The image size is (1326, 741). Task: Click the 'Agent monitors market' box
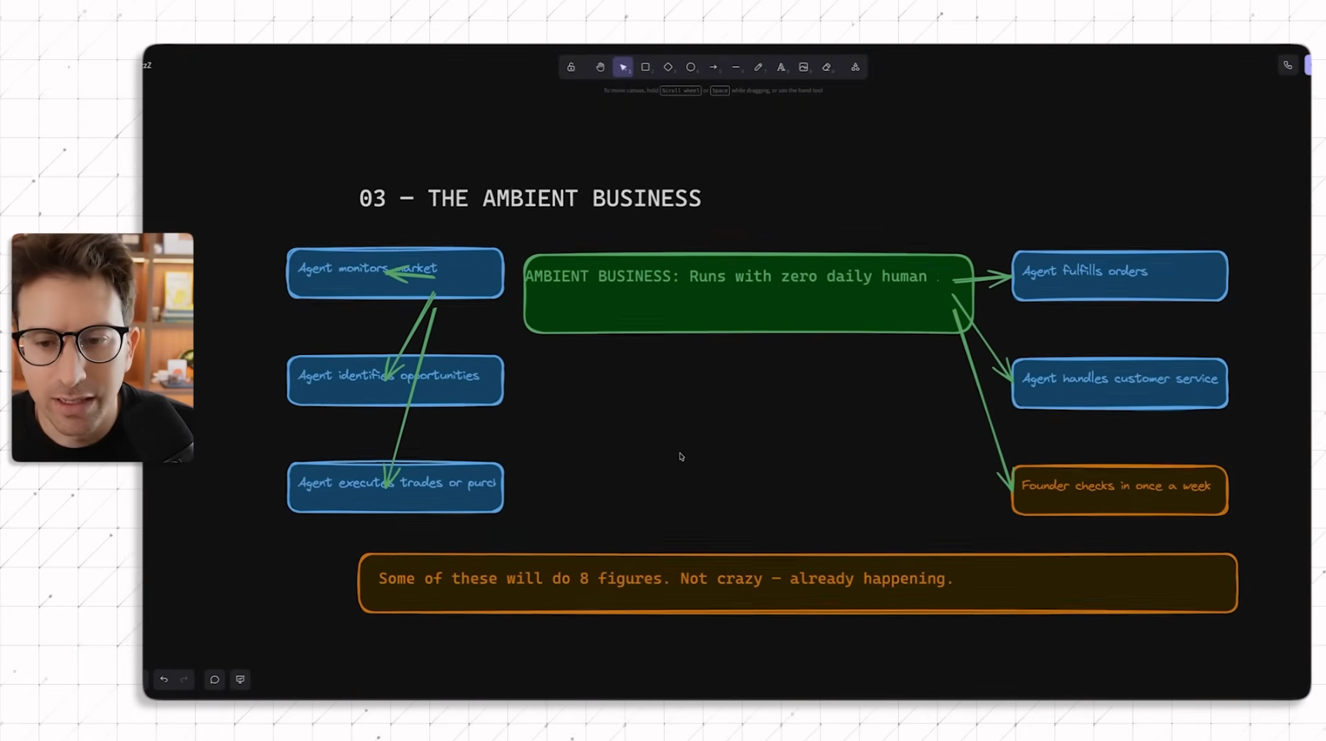tap(395, 273)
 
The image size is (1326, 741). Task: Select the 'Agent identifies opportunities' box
tap(395, 380)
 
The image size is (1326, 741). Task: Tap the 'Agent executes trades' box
tap(395, 487)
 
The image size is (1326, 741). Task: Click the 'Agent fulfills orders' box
tap(1119, 276)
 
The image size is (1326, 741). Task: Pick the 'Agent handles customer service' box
tap(1119, 383)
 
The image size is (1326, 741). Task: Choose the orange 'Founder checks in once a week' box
tap(1119, 490)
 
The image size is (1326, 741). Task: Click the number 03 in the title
tap(372, 199)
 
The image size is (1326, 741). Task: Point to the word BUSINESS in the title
tap(646, 199)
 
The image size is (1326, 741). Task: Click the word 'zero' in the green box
tap(799, 277)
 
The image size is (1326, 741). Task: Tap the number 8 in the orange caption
tap(584, 578)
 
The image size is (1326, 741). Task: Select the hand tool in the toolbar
tap(600, 67)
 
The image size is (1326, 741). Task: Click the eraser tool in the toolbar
tap(826, 67)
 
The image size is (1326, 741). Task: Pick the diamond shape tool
tap(668, 67)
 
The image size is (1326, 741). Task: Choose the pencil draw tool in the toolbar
tap(759, 67)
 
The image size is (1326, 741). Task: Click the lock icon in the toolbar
tap(571, 67)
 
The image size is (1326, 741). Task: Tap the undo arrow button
tap(163, 679)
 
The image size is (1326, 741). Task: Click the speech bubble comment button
tap(214, 679)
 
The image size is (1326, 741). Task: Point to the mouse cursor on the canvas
tap(682, 457)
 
